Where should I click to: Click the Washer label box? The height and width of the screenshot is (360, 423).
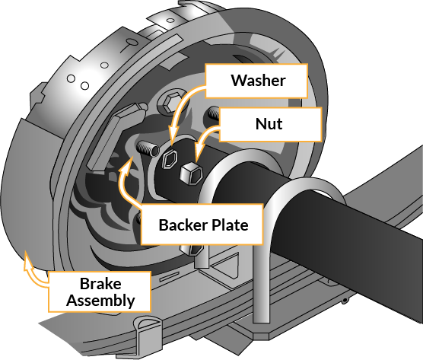(256, 81)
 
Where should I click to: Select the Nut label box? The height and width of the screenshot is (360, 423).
(271, 124)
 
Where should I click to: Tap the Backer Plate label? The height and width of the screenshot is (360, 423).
(202, 225)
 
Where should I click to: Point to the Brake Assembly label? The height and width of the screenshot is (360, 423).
(100, 292)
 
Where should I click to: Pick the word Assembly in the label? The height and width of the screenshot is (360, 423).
(100, 301)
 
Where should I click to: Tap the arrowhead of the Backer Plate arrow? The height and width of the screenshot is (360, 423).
(127, 164)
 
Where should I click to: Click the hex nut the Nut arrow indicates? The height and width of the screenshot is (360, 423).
(191, 174)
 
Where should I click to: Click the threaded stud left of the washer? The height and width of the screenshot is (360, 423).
(148, 148)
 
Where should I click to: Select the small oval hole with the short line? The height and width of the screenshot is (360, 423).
(132, 42)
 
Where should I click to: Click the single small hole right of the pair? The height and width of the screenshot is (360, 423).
(104, 65)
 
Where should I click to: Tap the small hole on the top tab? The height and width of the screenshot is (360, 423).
(170, 21)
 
